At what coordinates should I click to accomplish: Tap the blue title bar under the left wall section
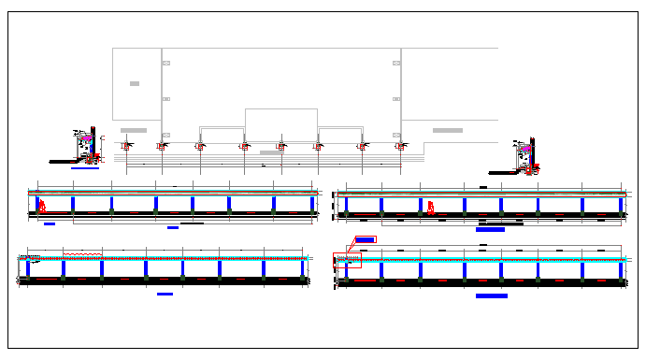(84, 169)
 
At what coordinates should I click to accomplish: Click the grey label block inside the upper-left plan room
(135, 84)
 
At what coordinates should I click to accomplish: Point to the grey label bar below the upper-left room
(134, 130)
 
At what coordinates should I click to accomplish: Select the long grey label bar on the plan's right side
(447, 130)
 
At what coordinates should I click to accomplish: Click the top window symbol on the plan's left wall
(166, 63)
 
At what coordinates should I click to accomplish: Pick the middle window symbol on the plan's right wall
(396, 98)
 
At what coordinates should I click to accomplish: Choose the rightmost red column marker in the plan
(400, 146)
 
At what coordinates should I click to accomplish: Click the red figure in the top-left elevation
(42, 206)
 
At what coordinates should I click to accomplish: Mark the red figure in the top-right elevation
(430, 207)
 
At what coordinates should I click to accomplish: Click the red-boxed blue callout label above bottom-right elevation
(365, 240)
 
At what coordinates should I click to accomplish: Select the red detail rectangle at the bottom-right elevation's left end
(347, 260)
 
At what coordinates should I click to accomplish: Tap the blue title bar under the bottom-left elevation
(165, 294)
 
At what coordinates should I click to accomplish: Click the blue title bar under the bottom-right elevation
(492, 295)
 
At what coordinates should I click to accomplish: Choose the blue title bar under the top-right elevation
(490, 228)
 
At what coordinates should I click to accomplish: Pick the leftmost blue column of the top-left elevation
(37, 204)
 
